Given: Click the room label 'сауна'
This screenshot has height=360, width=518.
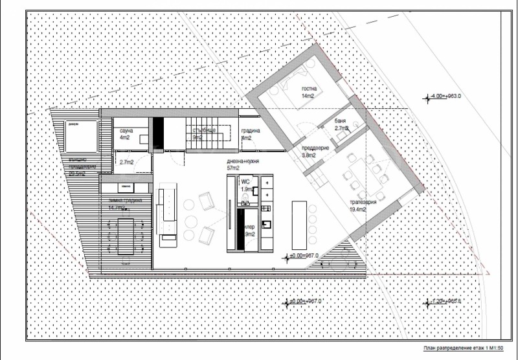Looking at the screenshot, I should [126, 131].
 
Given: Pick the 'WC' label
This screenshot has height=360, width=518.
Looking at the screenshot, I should [245, 183].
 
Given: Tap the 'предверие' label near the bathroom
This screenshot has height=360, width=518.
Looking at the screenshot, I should [316, 148].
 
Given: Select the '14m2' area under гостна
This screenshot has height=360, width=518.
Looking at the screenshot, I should [307, 96].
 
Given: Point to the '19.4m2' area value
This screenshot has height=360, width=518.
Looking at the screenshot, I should [358, 209].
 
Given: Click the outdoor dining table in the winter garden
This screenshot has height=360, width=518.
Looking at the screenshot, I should [126, 237].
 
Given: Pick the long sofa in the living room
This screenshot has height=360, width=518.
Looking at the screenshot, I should [167, 213].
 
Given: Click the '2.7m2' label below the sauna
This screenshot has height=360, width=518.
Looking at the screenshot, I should [126, 161].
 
